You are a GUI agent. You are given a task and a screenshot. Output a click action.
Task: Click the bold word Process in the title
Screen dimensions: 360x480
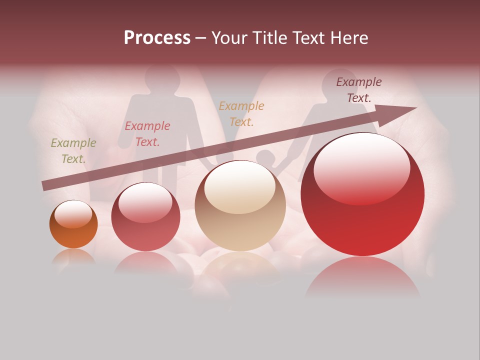(157, 38)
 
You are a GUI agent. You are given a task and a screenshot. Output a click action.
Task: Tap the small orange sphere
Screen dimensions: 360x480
(73, 224)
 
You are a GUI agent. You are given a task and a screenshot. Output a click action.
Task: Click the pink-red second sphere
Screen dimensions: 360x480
(145, 217)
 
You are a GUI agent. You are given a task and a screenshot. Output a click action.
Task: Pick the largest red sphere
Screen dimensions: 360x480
(362, 194)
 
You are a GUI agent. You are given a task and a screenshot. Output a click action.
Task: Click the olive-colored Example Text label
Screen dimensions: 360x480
(73, 151)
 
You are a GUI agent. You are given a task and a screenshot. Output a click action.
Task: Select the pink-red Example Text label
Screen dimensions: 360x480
(147, 134)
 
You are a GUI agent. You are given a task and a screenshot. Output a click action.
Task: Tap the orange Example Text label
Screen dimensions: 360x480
(241, 114)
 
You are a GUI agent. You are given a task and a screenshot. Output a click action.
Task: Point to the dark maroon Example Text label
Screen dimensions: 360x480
(359, 90)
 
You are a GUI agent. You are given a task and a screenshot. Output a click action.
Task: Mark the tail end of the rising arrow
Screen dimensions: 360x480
(43, 186)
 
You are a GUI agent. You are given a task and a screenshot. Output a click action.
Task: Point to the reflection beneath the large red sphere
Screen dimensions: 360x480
(362, 277)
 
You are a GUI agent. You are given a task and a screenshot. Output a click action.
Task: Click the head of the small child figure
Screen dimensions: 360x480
(265, 158)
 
